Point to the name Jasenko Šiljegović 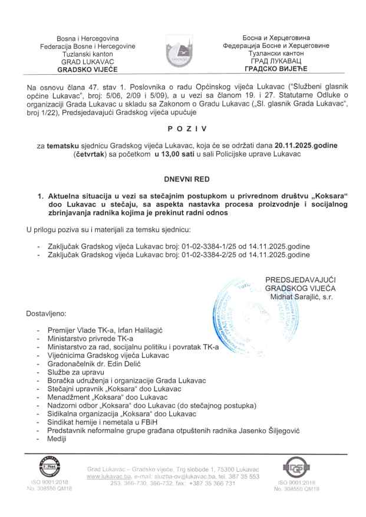279,432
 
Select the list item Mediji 58,440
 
